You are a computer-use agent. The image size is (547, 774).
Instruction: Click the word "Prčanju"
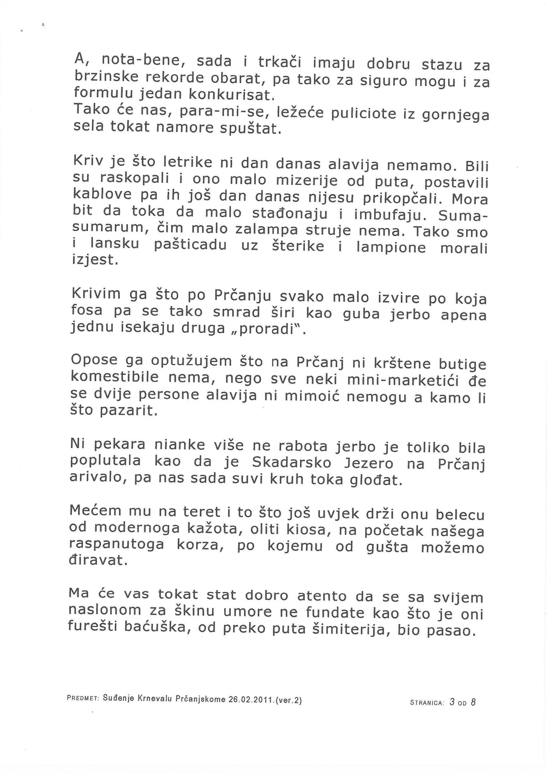(x=243, y=296)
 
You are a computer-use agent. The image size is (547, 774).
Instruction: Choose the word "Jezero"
(x=369, y=463)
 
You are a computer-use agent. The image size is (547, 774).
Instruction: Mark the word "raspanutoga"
(x=117, y=544)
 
